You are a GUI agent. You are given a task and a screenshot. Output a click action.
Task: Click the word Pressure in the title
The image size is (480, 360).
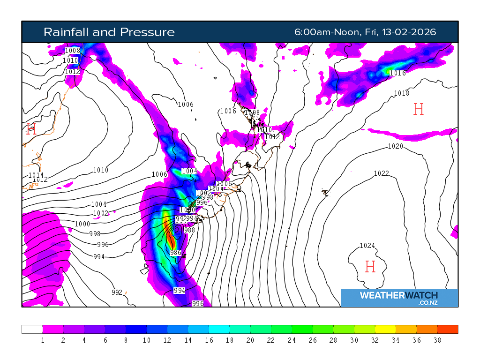click(x=147, y=32)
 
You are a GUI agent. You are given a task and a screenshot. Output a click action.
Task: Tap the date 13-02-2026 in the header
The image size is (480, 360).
click(x=409, y=32)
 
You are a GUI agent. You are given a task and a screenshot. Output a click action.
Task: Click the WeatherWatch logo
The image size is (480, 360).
click(x=399, y=298)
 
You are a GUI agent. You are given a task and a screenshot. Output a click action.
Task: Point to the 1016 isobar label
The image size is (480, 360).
click(x=397, y=73)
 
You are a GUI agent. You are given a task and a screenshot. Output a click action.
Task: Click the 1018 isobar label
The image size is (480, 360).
click(x=401, y=93)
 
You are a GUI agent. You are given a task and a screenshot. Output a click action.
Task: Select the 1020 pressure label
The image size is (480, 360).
click(x=395, y=147)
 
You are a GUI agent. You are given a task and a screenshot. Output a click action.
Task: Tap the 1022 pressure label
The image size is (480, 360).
click(x=381, y=173)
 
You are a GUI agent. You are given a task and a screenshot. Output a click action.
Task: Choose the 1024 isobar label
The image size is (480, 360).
click(x=367, y=246)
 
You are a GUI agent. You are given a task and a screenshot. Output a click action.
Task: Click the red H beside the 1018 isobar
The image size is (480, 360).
click(x=419, y=110)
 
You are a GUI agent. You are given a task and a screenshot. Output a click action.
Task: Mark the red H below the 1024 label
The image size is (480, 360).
click(x=370, y=267)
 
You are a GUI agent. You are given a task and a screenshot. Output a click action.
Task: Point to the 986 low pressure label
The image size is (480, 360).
click(x=175, y=253)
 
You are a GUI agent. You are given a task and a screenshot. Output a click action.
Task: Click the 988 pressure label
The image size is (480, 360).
click(x=189, y=230)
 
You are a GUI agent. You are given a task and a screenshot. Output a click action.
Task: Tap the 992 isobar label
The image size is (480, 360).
click(x=117, y=292)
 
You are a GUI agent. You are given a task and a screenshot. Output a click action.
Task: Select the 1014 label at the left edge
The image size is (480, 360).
click(x=35, y=175)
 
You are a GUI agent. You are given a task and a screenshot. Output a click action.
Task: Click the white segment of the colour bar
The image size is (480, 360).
click(x=32, y=329)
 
